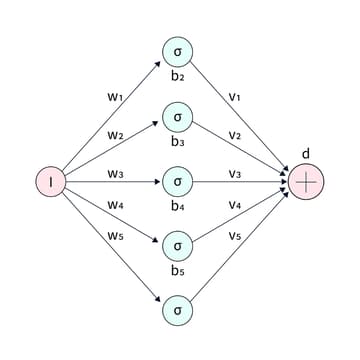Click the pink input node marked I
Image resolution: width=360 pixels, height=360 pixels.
pos(50,181)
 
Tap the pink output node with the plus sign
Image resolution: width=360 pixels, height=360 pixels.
pos(306,181)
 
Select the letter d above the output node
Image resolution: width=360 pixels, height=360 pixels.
pos(306,153)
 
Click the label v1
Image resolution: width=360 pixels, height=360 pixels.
pos(235,98)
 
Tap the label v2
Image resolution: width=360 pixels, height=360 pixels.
pos(235,135)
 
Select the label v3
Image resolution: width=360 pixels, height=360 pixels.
pos(235,173)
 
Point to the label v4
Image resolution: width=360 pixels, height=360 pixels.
pos(235,205)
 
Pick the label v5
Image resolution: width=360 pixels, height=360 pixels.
pos(235,237)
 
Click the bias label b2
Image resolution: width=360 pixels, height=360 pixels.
pos(177,77)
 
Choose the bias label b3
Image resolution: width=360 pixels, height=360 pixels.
pos(177,142)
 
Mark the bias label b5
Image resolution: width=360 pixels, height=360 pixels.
pos(177,270)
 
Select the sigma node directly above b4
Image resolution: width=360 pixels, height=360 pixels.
pos(177,182)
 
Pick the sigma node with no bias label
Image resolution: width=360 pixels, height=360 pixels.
pos(177,310)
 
